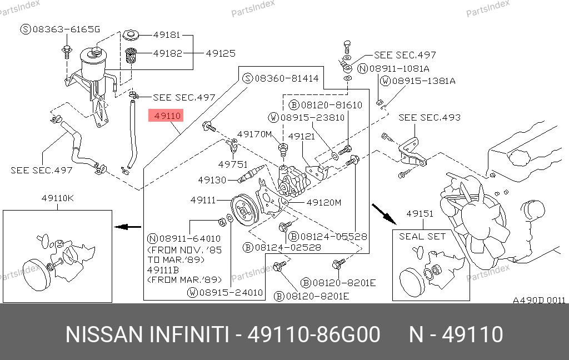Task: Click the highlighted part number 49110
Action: [x=167, y=116]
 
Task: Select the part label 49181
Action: [x=166, y=35]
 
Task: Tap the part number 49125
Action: [x=221, y=54]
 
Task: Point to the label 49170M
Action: [x=254, y=134]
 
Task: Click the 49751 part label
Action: [x=232, y=164]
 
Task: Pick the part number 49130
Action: [x=212, y=180]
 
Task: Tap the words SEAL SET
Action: [x=422, y=236]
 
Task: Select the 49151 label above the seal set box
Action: [x=420, y=214]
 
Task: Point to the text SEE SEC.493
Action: [x=430, y=118]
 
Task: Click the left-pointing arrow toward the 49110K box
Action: [x=128, y=227]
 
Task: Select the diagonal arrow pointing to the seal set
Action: [x=382, y=212]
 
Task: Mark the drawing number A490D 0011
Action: [x=538, y=300]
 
